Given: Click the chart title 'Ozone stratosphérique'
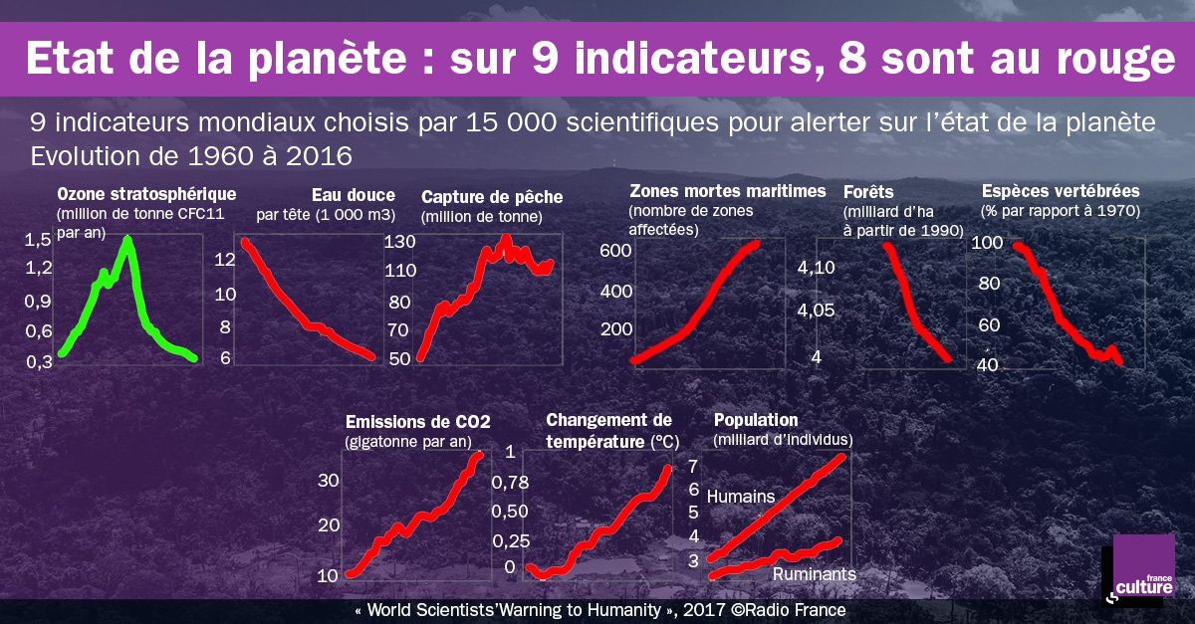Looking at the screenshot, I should (146, 193).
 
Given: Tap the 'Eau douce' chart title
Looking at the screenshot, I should (353, 195).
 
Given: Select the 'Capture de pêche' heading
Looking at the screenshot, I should (492, 196).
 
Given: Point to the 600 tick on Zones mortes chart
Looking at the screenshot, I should (615, 251).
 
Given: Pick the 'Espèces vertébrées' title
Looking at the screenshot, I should (1061, 191).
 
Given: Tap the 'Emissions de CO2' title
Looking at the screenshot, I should (418, 421).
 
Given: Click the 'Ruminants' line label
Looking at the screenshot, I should (814, 574).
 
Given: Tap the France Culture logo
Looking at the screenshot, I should (1137, 574).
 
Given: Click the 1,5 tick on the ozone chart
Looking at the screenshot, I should (38, 239).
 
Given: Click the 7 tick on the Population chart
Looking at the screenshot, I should (693, 466).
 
